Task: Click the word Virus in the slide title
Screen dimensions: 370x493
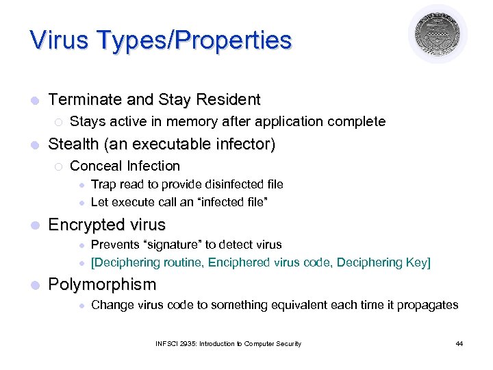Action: point(58,40)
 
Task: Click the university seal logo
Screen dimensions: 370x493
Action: point(438,34)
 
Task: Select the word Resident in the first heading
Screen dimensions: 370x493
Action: point(228,100)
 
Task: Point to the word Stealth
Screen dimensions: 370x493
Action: point(73,145)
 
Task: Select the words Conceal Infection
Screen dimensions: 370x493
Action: point(125,166)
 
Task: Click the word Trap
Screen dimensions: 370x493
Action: point(103,184)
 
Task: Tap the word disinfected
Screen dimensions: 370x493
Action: point(225,184)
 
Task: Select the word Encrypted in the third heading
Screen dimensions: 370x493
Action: point(86,225)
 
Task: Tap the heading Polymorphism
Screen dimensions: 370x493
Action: point(102,284)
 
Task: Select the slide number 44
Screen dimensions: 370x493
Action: point(459,343)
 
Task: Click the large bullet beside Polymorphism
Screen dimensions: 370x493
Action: point(34,284)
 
